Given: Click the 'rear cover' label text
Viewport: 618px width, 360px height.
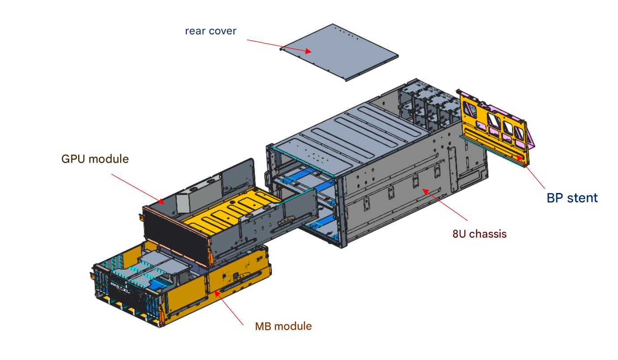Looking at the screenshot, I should pos(210,31).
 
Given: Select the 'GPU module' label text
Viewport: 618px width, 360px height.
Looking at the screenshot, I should pos(95,159).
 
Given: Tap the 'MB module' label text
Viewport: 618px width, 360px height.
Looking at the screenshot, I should pos(283,326).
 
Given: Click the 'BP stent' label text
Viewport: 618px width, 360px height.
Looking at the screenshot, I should pos(572,197).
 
